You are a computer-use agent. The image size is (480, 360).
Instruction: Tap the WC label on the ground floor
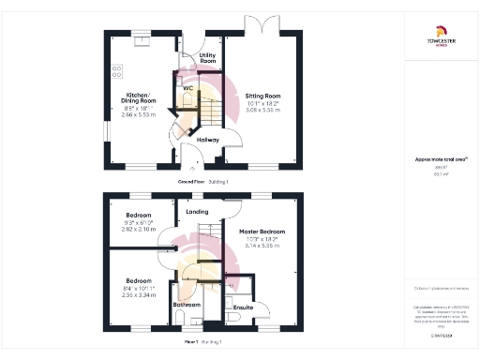(x=187, y=88)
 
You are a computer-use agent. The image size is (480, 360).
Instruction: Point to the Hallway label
(x=207, y=140)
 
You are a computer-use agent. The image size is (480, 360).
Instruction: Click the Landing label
(x=197, y=212)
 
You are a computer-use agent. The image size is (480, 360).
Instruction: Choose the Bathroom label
(x=185, y=306)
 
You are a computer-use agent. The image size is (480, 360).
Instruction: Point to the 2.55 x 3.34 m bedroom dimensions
(x=139, y=294)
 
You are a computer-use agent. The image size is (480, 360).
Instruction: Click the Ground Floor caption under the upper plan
(x=203, y=180)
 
